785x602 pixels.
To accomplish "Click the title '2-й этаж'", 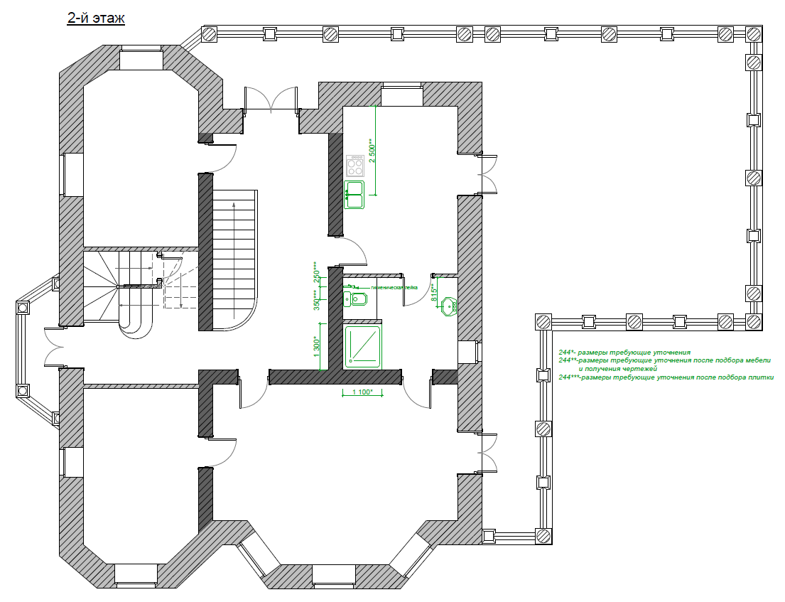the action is coord(96,18).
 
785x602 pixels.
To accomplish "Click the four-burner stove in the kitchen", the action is coord(354,166).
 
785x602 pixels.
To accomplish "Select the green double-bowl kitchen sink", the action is coord(354,194).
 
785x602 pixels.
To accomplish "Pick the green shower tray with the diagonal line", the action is coord(364,346).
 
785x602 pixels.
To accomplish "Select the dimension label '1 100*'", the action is coord(358,392).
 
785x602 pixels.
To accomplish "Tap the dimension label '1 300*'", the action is coord(316,347).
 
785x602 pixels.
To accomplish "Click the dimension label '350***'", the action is coord(316,300).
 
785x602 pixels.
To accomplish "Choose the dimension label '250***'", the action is coord(316,273).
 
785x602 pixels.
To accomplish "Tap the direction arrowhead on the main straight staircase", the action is coord(234,205).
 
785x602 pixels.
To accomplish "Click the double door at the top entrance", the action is coord(270,99).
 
